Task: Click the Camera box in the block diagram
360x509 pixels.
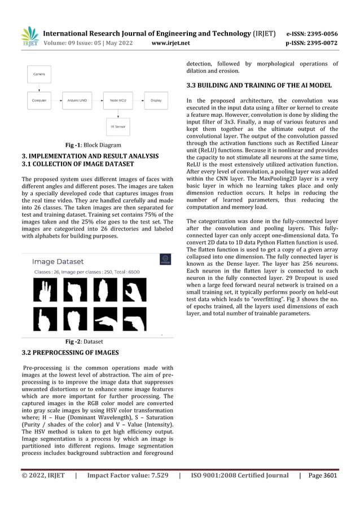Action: tap(39, 73)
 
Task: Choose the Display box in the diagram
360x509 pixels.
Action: tap(156, 101)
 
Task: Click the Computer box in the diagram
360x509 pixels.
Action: tap(39, 101)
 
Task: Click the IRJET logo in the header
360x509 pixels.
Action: tap(30, 37)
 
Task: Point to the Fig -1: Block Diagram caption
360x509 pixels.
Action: tap(93, 145)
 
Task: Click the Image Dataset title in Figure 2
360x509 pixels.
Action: tap(58, 262)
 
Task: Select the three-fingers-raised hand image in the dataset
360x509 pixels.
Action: tap(42, 290)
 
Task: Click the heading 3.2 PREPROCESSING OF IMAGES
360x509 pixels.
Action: tap(70, 353)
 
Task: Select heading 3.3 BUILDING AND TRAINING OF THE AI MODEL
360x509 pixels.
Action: tap(259, 85)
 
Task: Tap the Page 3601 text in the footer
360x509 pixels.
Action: tap(323, 475)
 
